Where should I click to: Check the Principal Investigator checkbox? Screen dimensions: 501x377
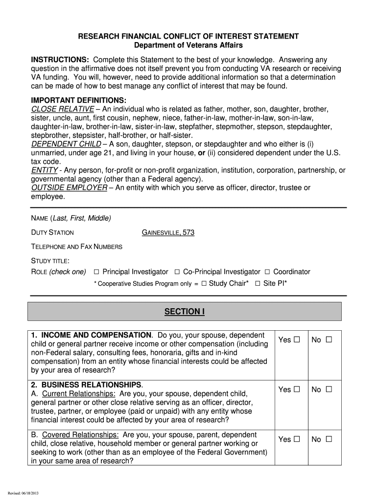(x=96, y=272)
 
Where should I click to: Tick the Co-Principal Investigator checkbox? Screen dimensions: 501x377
(x=177, y=272)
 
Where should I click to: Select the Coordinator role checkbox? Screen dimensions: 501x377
(x=267, y=272)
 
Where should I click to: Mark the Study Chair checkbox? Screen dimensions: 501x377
(x=204, y=283)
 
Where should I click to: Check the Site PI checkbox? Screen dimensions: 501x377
(x=257, y=283)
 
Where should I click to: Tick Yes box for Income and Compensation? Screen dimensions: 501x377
(x=296, y=340)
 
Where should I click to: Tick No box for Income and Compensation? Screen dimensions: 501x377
(x=329, y=340)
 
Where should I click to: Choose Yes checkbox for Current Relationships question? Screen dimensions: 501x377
(x=296, y=390)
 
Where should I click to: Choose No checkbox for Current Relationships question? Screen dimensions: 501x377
(x=329, y=390)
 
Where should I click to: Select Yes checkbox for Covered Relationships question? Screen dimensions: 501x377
(x=296, y=439)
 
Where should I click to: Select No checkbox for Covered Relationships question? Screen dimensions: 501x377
(x=329, y=439)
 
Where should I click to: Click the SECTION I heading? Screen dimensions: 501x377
(x=184, y=312)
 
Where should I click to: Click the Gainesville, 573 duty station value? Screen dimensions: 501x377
(x=168, y=233)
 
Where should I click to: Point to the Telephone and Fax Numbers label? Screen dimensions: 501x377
(x=77, y=247)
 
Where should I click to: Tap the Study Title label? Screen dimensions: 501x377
(x=50, y=260)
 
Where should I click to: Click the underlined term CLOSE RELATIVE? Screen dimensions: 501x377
(x=62, y=109)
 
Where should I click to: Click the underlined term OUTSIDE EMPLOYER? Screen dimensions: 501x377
(x=69, y=188)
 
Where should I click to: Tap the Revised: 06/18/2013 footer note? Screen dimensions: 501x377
(x=23, y=492)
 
